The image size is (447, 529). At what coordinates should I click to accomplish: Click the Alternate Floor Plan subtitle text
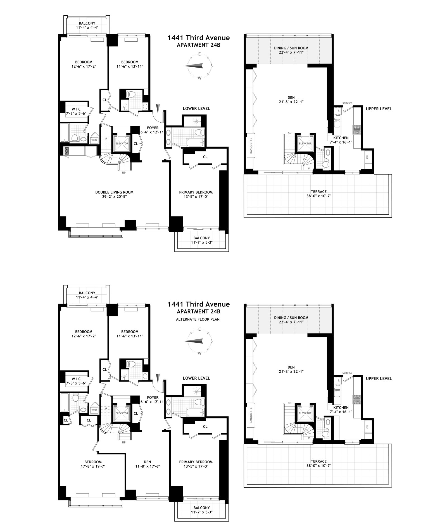coord(198,319)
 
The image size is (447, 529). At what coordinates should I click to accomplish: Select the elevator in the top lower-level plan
coord(122,144)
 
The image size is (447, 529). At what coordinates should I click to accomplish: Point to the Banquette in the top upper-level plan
coord(251,146)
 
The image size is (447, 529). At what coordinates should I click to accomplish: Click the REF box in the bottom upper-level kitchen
coord(367,427)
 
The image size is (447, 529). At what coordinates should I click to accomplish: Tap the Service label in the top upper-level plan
coord(347,103)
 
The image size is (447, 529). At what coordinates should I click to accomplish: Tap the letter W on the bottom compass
coord(199,353)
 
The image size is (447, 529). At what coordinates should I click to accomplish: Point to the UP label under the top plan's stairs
coord(124,173)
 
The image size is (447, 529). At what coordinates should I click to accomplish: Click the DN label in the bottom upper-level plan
coord(289,403)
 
